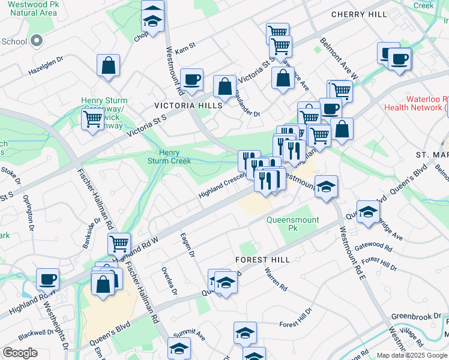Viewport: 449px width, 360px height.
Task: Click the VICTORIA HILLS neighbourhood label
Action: click(188, 106)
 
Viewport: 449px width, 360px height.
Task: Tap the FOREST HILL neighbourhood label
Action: click(263, 260)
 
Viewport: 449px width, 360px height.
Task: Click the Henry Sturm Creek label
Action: click(169, 157)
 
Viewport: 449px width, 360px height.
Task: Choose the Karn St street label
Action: click(185, 46)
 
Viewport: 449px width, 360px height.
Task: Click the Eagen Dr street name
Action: click(186, 245)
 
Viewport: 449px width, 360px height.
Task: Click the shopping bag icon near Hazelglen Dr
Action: click(109, 65)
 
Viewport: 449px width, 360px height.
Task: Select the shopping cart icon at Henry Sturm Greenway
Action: click(92, 118)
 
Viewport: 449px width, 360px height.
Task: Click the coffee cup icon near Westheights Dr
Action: click(47, 279)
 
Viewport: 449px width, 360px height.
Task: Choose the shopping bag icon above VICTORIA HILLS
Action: click(224, 86)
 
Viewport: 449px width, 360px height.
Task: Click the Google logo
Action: click(20, 353)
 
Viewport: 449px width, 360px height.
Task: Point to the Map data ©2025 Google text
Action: click(412, 355)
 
